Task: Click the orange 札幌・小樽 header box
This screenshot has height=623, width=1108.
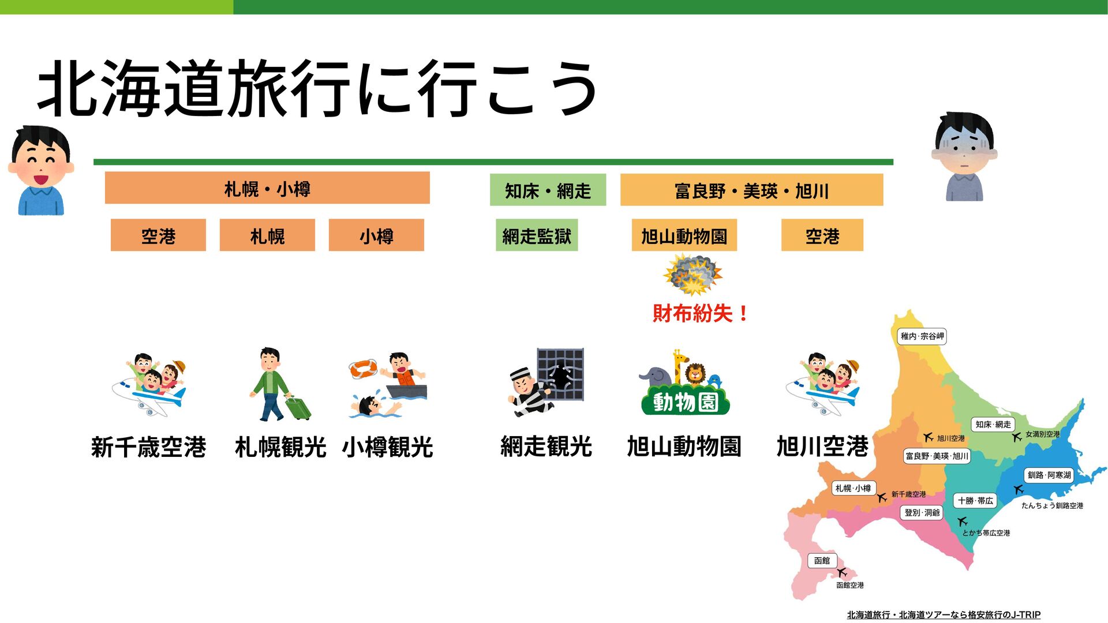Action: coord(267,187)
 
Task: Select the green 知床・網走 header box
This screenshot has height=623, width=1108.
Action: coord(548,190)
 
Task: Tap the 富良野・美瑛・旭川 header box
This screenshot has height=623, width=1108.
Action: coord(751,190)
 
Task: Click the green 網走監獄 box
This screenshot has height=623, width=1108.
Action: coord(537,235)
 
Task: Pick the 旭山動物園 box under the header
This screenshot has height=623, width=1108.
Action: coord(684,235)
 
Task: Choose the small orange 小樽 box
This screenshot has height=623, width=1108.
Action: coord(376,235)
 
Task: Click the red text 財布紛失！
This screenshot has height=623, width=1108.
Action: coord(701,313)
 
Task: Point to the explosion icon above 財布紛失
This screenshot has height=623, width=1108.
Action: coord(693,275)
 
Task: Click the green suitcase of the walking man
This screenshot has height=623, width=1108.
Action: coord(298,408)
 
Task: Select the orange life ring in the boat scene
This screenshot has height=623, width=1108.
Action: coord(363,369)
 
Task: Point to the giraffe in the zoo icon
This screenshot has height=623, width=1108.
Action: coord(680,366)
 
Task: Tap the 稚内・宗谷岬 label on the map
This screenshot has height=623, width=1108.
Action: coord(922,336)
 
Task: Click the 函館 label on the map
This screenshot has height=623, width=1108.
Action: coord(822,561)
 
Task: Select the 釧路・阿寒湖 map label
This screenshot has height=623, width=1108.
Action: coord(1049,475)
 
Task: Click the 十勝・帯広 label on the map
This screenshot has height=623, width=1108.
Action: coord(975,501)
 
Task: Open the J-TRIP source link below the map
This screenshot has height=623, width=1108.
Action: coord(944,615)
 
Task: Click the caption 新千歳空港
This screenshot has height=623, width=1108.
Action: coord(148,447)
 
